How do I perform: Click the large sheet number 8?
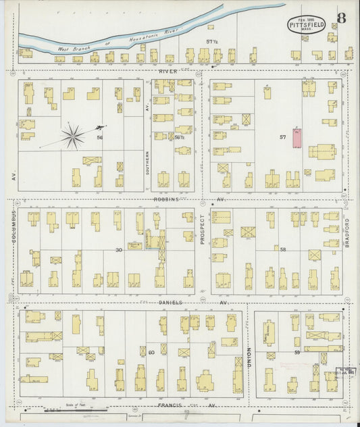pos(342,18)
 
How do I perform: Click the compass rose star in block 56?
pos(72,136)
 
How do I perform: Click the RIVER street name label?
pos(168,70)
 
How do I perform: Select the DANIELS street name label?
pos(170,302)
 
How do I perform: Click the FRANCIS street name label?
pos(170,405)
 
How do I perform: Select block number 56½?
pos(180,137)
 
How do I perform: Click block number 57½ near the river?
pos(211,42)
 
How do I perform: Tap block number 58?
pos(283,249)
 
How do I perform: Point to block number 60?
pos(151,352)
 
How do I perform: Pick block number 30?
pos(119,249)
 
